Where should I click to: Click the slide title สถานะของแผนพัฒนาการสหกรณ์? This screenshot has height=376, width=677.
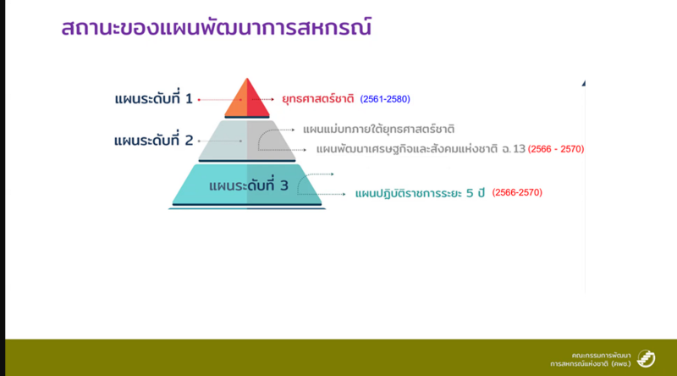[x=217, y=28]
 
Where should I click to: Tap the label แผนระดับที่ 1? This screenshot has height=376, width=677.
[x=153, y=98]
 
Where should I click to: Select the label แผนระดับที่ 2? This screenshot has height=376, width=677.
[x=153, y=140]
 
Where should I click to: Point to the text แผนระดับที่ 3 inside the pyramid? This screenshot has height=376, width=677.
[x=248, y=185]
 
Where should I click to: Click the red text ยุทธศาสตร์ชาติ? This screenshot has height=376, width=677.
[x=318, y=99]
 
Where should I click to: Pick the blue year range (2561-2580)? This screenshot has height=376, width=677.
[x=385, y=99]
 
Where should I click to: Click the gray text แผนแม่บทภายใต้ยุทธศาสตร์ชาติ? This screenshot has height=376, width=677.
[x=378, y=130]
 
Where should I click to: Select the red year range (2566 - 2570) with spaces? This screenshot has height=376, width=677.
[x=556, y=149]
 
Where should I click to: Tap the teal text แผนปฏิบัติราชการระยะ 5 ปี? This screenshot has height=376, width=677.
[x=420, y=193]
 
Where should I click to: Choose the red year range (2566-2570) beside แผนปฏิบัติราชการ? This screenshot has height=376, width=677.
[x=517, y=192]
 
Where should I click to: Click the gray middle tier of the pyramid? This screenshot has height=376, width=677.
[x=247, y=140]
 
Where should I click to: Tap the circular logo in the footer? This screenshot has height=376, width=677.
[x=646, y=358]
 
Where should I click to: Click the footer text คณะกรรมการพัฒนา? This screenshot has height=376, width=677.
[x=601, y=356]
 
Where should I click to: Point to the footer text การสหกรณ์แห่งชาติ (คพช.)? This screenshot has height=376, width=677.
[x=590, y=364]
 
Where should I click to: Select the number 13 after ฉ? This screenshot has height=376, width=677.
[x=520, y=149]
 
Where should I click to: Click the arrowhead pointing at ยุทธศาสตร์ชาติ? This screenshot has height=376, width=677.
[x=272, y=99]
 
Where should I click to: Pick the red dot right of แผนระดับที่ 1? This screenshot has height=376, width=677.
[x=199, y=100]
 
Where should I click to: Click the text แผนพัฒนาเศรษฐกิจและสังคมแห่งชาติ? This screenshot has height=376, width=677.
[x=407, y=149]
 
